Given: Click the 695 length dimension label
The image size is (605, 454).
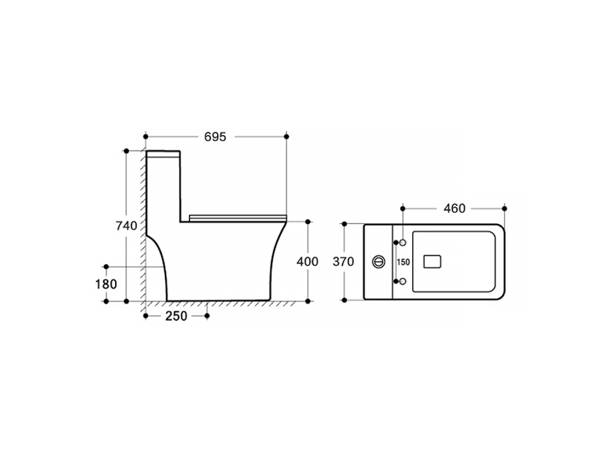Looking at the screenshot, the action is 215,137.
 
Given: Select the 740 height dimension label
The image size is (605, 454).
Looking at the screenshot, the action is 126,225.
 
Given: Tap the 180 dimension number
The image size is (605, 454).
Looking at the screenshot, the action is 106,284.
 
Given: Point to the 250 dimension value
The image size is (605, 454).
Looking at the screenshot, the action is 176,316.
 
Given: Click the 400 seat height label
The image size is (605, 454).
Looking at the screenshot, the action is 307,262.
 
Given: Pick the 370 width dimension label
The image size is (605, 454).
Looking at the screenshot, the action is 344,262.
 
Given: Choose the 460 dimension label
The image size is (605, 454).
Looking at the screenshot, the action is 455,208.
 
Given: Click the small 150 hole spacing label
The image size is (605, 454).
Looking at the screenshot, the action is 403,262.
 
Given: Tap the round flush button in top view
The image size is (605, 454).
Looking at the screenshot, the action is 379,262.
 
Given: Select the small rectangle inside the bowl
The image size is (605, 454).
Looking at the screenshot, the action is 432,262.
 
